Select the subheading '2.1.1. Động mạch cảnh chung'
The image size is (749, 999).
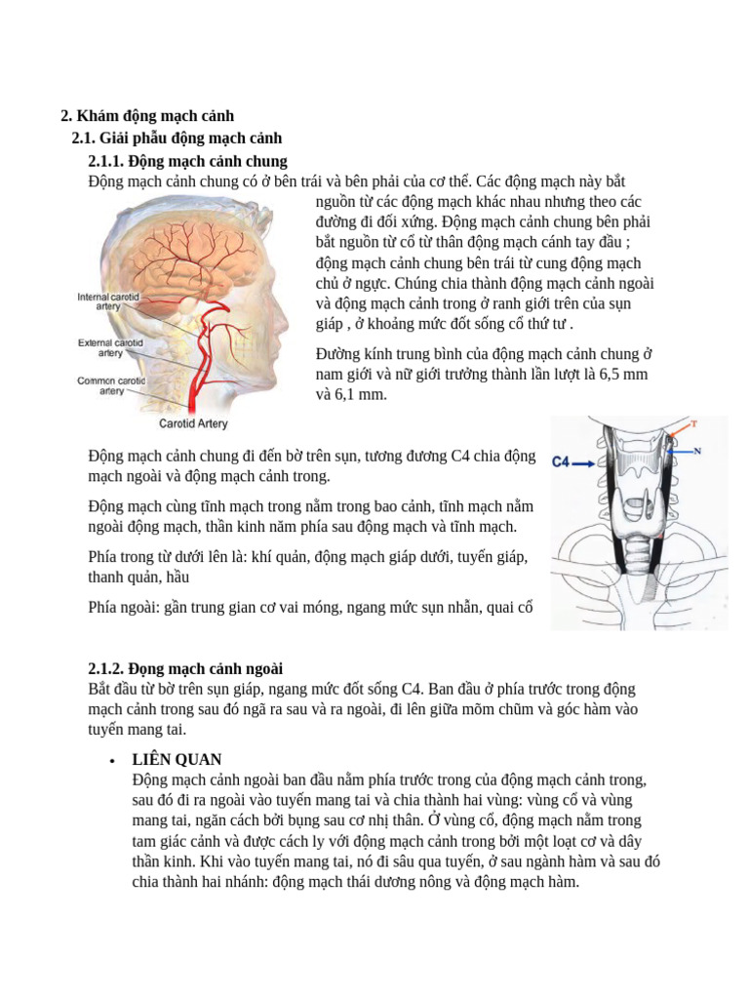coord(187,161)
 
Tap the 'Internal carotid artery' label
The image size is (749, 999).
coord(108,300)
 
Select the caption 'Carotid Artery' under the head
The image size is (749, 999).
coord(193,424)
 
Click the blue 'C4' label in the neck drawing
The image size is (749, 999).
coord(565,464)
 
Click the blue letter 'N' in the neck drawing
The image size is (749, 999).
coord(698,451)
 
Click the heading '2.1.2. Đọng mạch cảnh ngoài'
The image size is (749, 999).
coord(185,668)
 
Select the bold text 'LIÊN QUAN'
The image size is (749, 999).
coord(177,759)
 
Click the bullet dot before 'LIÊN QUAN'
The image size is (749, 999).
coord(113,760)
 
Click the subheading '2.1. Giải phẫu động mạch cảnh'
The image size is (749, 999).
coord(177,139)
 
